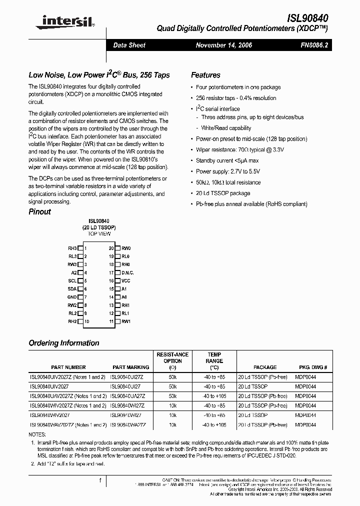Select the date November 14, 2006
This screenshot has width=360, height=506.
coord(223,45)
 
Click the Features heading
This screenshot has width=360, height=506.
coord(205,75)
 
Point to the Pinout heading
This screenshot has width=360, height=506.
coord(40,211)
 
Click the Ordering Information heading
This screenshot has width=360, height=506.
coord(64,343)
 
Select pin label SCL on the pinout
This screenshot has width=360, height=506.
coord(72,281)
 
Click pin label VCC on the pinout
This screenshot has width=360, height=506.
coord(125,281)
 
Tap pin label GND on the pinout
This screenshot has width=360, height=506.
coord(72,297)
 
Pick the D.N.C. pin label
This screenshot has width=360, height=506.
coord(127,273)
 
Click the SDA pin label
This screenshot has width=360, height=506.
coord(72,289)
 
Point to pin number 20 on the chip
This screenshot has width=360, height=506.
coord(111,248)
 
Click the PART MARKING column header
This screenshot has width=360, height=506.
coord(131,367)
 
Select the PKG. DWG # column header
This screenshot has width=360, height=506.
coord(313,367)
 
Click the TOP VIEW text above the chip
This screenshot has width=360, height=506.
coord(99,233)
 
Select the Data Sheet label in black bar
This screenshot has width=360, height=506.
coord(129,45)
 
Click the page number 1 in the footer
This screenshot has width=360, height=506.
coord(100,480)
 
